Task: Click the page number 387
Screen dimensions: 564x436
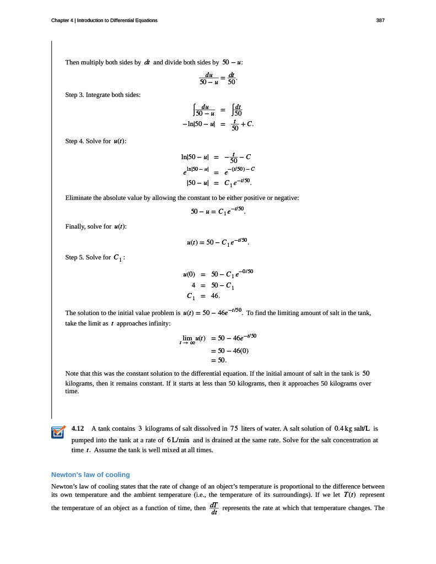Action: point(380,20)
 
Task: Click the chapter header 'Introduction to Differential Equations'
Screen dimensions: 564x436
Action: point(117,20)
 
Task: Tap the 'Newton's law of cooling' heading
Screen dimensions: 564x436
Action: point(90,475)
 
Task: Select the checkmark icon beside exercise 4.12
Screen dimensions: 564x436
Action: point(58,432)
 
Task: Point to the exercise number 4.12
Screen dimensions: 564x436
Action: point(78,429)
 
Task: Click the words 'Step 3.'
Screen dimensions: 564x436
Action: point(74,95)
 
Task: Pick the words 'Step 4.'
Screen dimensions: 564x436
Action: point(74,141)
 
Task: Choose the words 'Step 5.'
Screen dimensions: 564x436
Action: point(74,257)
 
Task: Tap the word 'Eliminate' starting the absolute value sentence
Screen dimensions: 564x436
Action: point(80,197)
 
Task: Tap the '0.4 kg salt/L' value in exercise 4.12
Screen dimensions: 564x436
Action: point(353,429)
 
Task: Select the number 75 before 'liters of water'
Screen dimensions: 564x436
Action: point(234,429)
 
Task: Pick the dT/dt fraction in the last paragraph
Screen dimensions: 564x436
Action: point(214,508)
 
